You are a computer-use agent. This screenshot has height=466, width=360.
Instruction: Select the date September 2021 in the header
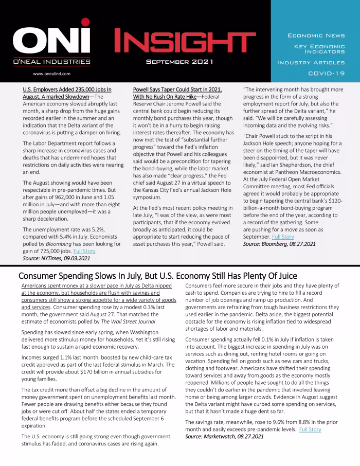(x=176, y=62)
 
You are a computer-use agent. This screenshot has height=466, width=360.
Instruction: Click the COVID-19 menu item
(x=326, y=73)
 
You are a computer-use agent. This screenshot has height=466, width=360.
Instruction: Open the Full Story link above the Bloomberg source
(x=283, y=237)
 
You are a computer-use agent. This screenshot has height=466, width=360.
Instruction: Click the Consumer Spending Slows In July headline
(x=157, y=276)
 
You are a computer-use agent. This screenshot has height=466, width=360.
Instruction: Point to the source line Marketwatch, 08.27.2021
(x=224, y=436)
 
